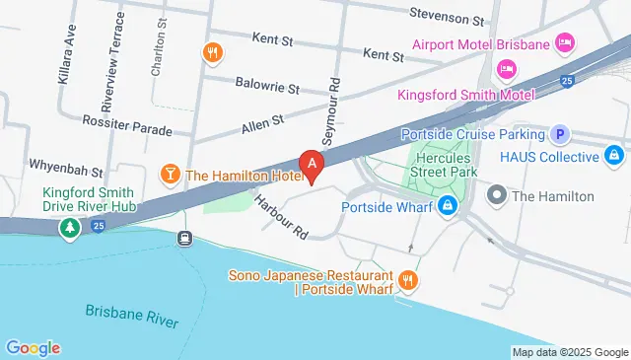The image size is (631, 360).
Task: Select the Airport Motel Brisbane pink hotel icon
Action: coord(565,43)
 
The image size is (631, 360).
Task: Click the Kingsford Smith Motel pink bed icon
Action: coord(506,68)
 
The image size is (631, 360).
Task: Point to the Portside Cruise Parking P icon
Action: coord(561,134)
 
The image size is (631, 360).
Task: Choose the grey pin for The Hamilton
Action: coord(497,196)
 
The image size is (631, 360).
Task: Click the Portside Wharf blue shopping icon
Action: coord(448,206)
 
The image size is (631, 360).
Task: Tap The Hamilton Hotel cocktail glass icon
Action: coord(170,176)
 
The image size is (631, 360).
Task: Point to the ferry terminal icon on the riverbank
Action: coord(184,238)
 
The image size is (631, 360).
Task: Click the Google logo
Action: coord(33,347)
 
